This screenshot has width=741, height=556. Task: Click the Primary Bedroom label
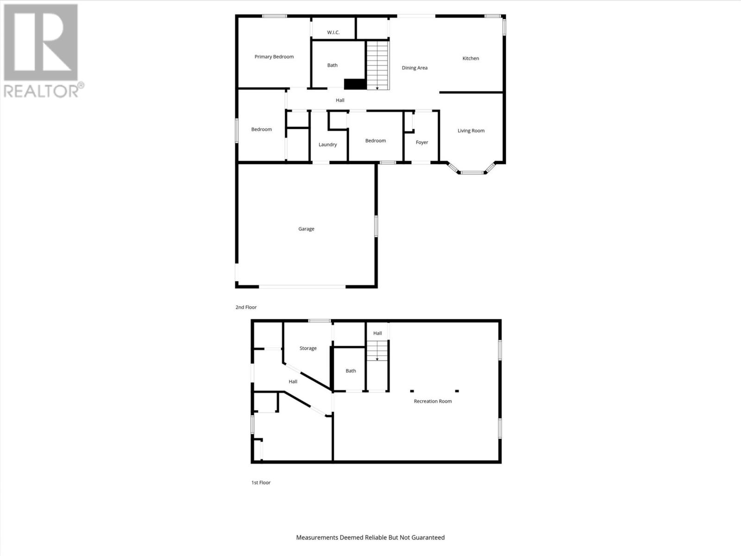[x=274, y=57]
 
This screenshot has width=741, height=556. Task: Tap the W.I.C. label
[x=333, y=32]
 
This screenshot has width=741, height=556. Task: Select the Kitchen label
[x=471, y=58]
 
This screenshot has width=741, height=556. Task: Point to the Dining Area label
[x=414, y=68]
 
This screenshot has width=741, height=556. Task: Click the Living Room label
[x=471, y=131]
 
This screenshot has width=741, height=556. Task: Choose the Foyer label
[x=421, y=142]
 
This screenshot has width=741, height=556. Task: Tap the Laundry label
[x=327, y=145]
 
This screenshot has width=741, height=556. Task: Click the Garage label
[x=306, y=229]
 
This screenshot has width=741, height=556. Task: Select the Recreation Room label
[x=433, y=401]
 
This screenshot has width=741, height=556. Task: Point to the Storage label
[x=308, y=348]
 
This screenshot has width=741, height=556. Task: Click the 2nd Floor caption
[x=246, y=307]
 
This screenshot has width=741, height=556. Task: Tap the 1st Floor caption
[x=261, y=482]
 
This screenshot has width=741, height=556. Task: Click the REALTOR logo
[x=43, y=51]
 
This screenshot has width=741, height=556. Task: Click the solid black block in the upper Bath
[x=355, y=84]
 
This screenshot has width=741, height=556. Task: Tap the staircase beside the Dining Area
[x=378, y=65]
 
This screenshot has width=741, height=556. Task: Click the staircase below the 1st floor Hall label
[x=377, y=351]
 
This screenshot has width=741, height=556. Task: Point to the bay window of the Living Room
[x=472, y=172]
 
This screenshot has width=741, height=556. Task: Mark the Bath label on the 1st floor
[x=351, y=371]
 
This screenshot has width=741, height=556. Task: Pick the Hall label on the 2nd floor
[x=340, y=100]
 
